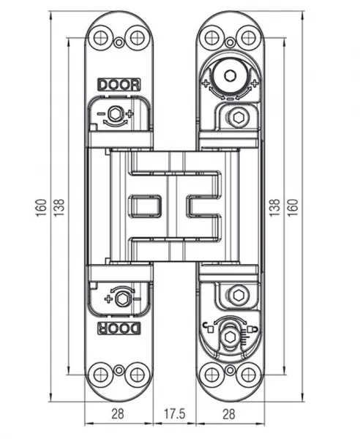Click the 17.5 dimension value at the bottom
(x=174, y=414)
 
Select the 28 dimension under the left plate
(x=118, y=414)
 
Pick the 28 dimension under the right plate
(x=229, y=414)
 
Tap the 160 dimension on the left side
(x=41, y=207)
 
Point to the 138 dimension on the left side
(x=59, y=207)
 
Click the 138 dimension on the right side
(x=274, y=207)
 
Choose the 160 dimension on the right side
(x=293, y=207)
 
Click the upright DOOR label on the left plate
(x=119, y=85)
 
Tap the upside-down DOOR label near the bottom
(x=119, y=328)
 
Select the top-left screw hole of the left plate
(x=100, y=38)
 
